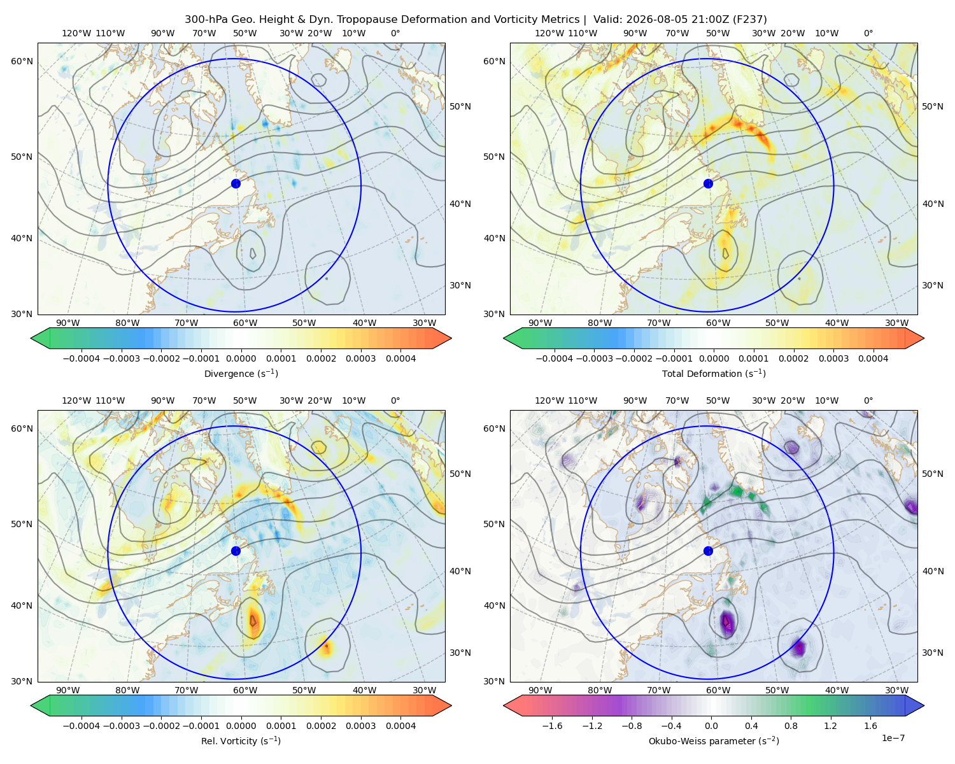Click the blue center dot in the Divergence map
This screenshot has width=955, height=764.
(x=236, y=184)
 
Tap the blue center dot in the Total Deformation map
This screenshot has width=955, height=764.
(x=708, y=184)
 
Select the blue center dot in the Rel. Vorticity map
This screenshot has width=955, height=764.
(x=236, y=551)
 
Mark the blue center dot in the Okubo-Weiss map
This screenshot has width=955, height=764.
(x=708, y=551)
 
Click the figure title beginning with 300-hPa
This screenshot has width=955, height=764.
(x=476, y=20)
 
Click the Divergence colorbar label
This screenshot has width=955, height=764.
(x=241, y=374)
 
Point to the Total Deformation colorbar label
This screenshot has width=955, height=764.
(x=714, y=374)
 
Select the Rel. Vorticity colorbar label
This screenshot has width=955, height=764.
(x=241, y=741)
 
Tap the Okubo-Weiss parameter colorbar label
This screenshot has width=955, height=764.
(x=714, y=741)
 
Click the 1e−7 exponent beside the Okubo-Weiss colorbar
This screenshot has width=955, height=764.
(x=893, y=738)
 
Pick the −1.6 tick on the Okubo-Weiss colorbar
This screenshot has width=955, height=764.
(x=553, y=726)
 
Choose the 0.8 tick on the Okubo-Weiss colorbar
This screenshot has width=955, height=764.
(x=791, y=726)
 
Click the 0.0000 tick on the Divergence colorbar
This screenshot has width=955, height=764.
(x=241, y=358)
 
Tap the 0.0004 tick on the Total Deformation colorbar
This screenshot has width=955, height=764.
(x=874, y=358)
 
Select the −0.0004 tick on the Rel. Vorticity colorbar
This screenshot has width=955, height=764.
(x=81, y=726)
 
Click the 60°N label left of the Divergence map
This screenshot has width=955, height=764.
(x=22, y=61)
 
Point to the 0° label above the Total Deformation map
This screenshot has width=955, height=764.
(x=868, y=33)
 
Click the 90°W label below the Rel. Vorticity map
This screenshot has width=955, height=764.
(x=68, y=690)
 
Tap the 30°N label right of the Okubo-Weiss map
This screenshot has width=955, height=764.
(x=932, y=653)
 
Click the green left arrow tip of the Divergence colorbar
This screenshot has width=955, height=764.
(x=31, y=338)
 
